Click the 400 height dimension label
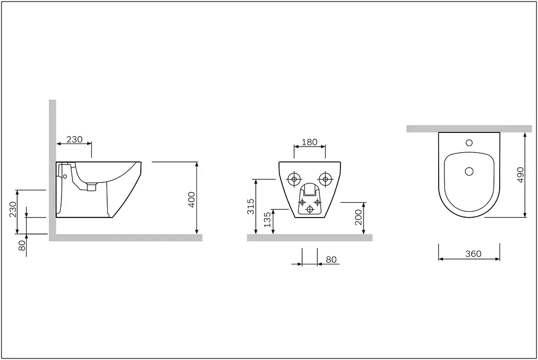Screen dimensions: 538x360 coord(192,199)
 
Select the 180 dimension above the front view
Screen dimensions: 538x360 coord(309,142)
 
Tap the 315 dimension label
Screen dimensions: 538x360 coord(251,206)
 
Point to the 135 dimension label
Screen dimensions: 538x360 coord(267,220)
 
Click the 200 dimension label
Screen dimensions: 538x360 coord(358,217)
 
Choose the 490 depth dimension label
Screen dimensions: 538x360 coord(521,174)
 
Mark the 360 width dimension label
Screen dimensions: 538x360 coord(473,254)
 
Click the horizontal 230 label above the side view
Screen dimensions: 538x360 coord(75,139)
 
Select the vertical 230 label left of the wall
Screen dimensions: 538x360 coord(13,209)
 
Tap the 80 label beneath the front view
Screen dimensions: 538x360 coord(331,260)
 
